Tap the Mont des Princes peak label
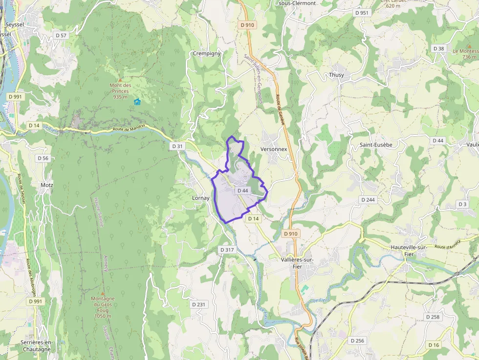click(x=120, y=91)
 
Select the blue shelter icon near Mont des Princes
click(x=137, y=102)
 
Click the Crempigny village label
click(x=207, y=53)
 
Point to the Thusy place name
click(x=336, y=75)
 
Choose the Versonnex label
click(x=274, y=148)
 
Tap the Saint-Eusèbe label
click(x=376, y=145)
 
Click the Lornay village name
click(x=200, y=198)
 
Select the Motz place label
click(x=47, y=185)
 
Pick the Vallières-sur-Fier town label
click(x=298, y=263)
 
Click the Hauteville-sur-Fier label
click(x=409, y=251)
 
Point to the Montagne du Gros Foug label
click(x=103, y=307)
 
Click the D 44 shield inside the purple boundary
click(x=243, y=191)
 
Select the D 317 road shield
click(x=227, y=250)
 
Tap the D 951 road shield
click(x=362, y=13)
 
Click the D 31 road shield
click(x=177, y=146)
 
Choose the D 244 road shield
click(x=368, y=200)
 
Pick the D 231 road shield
click(x=198, y=304)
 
